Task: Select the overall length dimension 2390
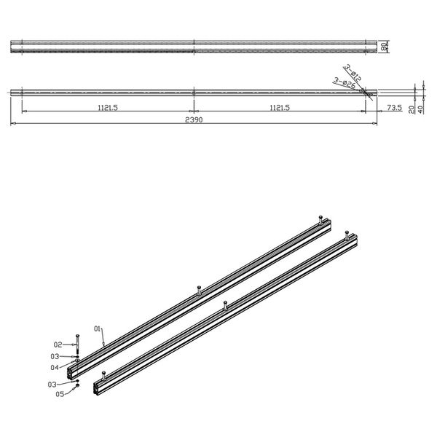[192, 120]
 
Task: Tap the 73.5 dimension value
[394, 107]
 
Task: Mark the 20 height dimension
[412, 109]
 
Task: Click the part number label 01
[98, 329]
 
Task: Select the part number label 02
[58, 344]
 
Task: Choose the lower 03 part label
[52, 384]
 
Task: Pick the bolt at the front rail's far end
[347, 234]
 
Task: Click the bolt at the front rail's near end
[104, 374]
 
